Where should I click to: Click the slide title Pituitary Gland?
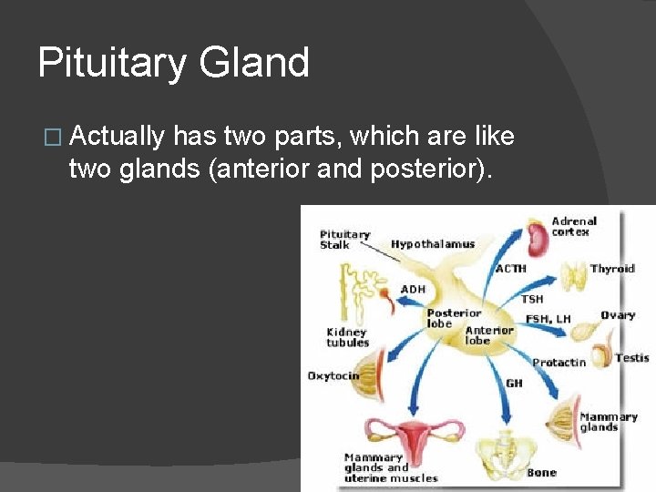(173, 63)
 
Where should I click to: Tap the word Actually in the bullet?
(118, 137)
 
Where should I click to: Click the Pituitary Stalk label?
(344, 240)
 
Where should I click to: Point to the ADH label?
(413, 289)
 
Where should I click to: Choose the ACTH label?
(511, 269)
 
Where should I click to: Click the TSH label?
(532, 299)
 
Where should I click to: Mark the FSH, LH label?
(548, 319)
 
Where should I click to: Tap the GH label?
(514, 384)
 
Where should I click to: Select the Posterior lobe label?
(454, 318)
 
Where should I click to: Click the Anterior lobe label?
(489, 335)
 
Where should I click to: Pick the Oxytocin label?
(333, 375)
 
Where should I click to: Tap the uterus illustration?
(415, 436)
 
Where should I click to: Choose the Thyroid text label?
(612, 269)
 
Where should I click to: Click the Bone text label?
(541, 473)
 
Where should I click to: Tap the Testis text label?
(631, 358)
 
